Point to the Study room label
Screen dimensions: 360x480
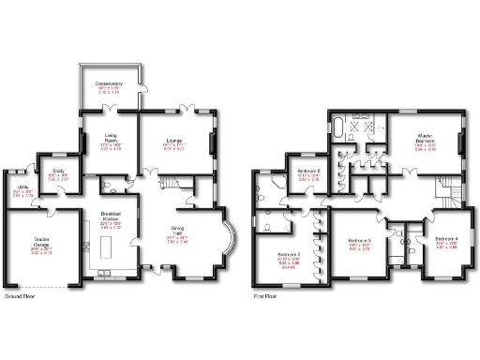(58, 175)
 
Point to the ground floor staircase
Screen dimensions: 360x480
(171, 183)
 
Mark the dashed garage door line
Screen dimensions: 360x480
(42, 286)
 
